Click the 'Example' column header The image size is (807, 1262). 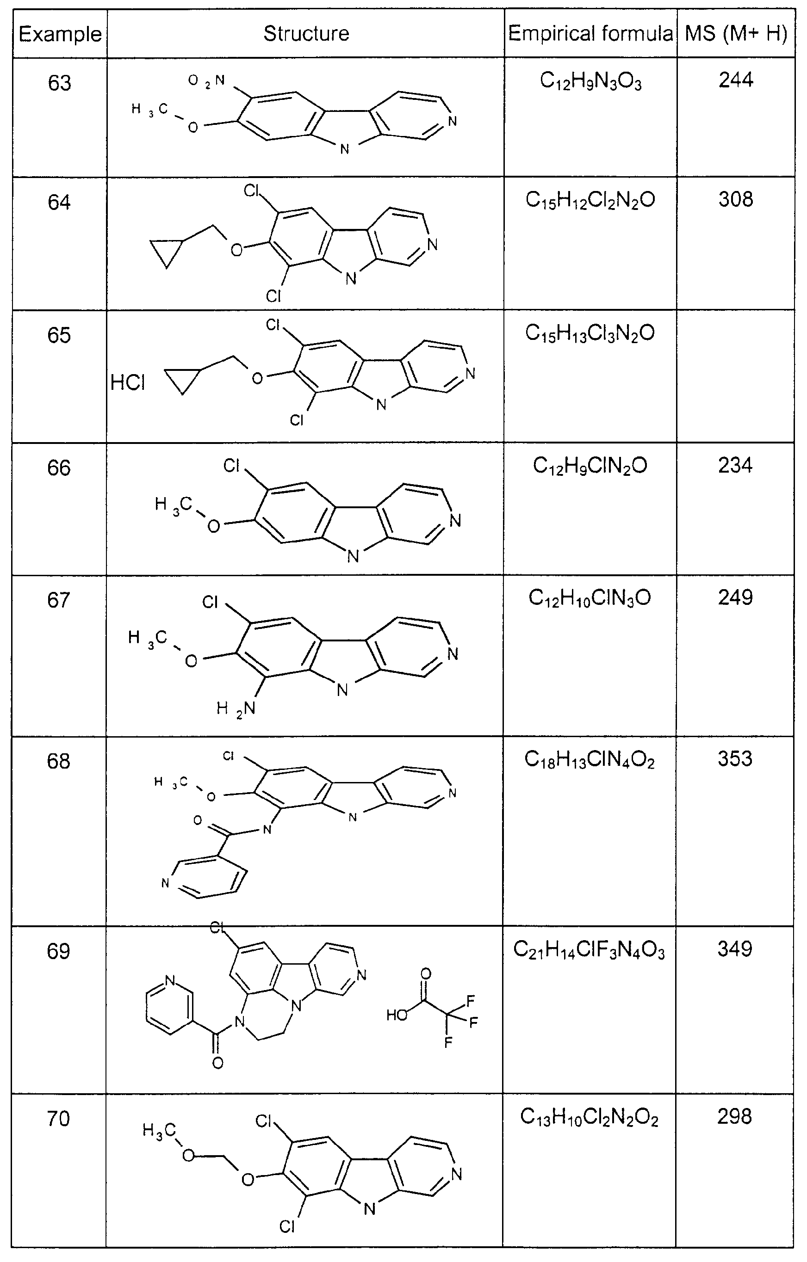[60, 34]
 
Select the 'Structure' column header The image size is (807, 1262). [306, 34]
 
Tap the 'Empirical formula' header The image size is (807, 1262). [590, 34]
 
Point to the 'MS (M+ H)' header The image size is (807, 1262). [736, 34]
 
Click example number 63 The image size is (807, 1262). [59, 83]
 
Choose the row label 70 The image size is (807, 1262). [58, 1118]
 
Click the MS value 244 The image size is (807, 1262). [736, 80]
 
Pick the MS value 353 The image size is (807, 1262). [735, 759]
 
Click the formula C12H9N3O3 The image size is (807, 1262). [590, 82]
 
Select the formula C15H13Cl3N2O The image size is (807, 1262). [590, 334]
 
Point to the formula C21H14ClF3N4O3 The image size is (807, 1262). [589, 950]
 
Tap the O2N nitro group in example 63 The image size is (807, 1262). [206, 81]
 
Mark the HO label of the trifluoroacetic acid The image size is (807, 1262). [397, 1015]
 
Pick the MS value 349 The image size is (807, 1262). [735, 948]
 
